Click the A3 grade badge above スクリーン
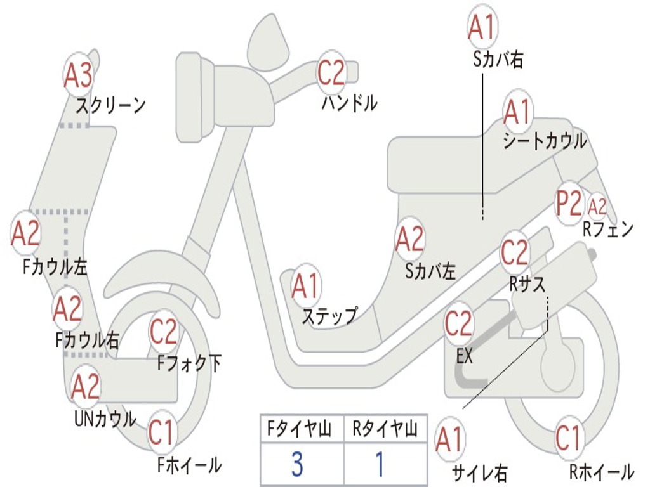click(x=79, y=75)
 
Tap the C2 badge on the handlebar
click(x=331, y=73)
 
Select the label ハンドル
click(x=349, y=102)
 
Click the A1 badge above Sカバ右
click(x=481, y=27)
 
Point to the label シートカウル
click(x=545, y=141)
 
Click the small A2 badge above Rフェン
click(x=597, y=207)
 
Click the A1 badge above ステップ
click(x=306, y=286)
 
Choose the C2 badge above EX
click(x=458, y=324)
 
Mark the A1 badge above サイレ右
click(x=449, y=440)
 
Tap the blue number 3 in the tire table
click(x=296, y=465)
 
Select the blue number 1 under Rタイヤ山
click(x=380, y=465)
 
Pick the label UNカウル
click(x=105, y=419)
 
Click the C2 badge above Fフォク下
click(x=164, y=331)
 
